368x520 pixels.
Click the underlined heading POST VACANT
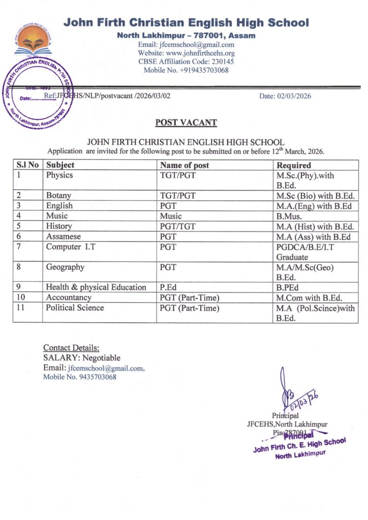point(186,122)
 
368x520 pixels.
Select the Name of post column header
point(185,165)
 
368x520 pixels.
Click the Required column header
point(293,165)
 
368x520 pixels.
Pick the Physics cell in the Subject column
point(59,175)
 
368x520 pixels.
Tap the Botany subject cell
point(58,196)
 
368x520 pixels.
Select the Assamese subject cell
point(64,237)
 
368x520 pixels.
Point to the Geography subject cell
point(65,267)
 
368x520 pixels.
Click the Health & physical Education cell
point(96,287)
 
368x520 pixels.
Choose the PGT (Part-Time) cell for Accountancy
point(190,298)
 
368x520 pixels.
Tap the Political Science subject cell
point(75,308)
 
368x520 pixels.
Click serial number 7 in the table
point(19,247)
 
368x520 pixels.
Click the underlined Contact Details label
point(71,348)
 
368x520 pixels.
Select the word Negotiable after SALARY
point(102,358)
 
